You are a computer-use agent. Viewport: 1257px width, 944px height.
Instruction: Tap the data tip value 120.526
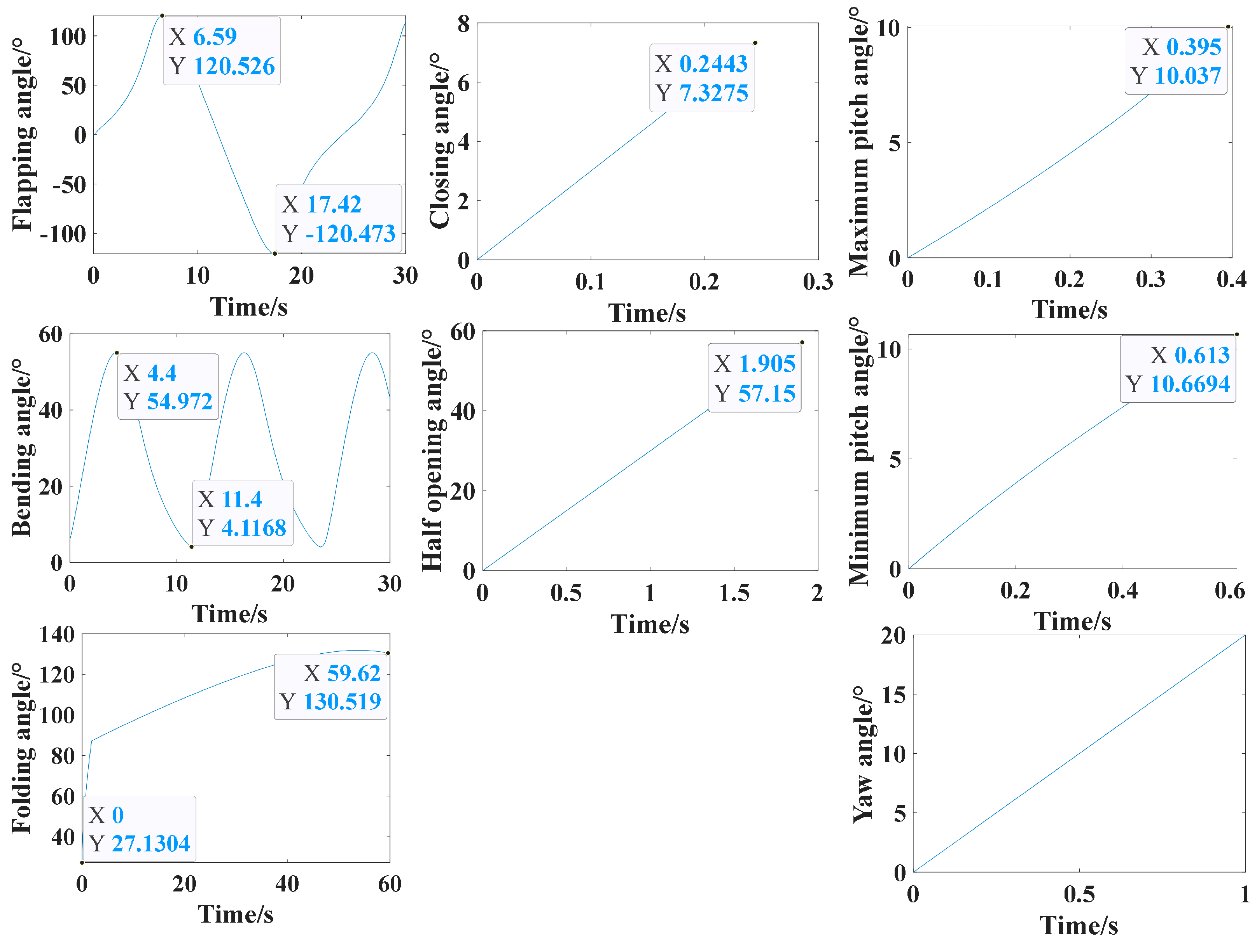[x=234, y=67]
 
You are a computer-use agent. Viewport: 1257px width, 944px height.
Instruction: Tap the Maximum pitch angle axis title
[x=860, y=142]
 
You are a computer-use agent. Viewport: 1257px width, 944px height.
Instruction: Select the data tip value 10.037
[x=1188, y=75]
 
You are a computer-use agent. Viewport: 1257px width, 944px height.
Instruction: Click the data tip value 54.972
[x=180, y=402]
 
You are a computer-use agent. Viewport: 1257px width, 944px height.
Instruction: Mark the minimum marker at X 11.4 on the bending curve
[x=192, y=546]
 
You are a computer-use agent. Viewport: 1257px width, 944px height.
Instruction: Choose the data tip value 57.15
[x=767, y=393]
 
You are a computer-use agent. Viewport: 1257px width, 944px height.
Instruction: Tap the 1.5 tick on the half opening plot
[x=734, y=593]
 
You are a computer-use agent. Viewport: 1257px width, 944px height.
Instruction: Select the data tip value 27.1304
[x=150, y=843]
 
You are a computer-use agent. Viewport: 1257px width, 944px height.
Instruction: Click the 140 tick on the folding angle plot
[x=57, y=634]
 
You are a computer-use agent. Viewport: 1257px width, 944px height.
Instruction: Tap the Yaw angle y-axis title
[x=863, y=754]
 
